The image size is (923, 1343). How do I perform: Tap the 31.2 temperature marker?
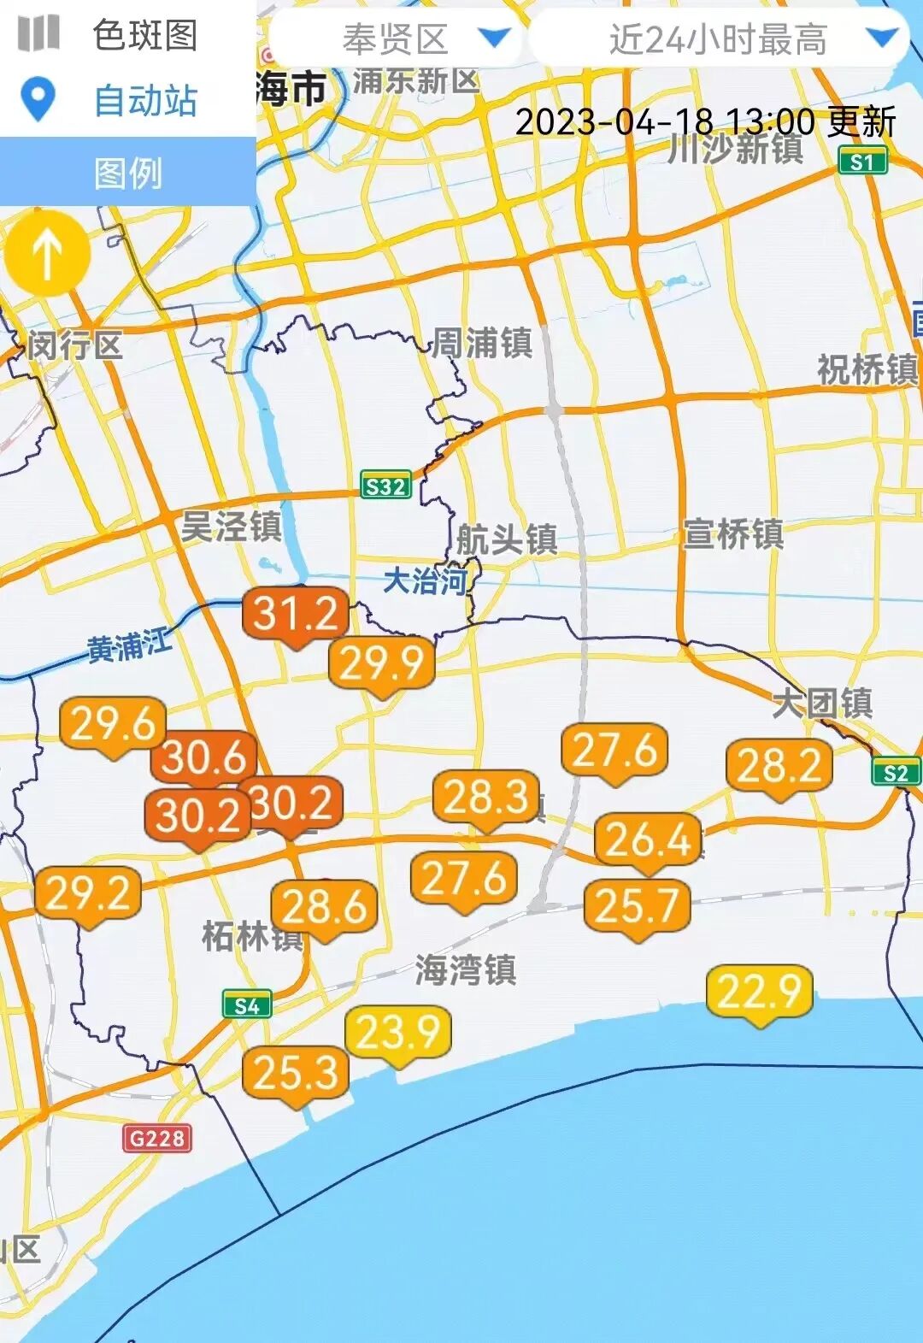(296, 614)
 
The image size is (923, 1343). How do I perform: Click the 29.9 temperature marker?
(382, 663)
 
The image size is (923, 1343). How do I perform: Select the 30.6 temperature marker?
(204, 757)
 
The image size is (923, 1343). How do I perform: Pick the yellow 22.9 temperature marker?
(759, 992)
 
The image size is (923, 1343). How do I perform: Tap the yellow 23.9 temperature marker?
(397, 1032)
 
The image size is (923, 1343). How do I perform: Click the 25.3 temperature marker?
(296, 1073)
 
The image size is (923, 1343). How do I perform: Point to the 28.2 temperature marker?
(779, 765)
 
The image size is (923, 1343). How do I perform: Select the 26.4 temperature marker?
(648, 839)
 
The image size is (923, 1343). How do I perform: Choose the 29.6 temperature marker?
(113, 724)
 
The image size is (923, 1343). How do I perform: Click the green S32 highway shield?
(385, 486)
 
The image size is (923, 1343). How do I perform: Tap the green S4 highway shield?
(247, 1006)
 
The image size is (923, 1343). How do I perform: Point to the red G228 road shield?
(157, 1138)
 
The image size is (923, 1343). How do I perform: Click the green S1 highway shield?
(863, 161)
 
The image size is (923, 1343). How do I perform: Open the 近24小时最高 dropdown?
(718, 38)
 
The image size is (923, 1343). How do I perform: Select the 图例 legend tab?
(128, 174)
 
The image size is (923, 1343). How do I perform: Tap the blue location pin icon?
(38, 100)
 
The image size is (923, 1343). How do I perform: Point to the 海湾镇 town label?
(466, 970)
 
